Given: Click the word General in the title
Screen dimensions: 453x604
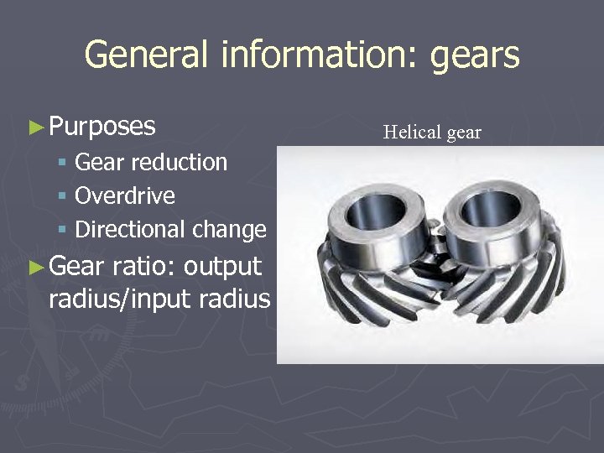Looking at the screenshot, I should (x=143, y=55).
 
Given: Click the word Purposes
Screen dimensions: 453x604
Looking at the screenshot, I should (x=102, y=127).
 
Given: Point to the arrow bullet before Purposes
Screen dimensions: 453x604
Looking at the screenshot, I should (x=34, y=128).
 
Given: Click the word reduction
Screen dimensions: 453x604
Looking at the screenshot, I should (x=184, y=162).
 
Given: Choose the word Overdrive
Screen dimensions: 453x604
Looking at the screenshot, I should (x=125, y=195).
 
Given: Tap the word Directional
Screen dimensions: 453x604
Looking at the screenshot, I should (x=131, y=229).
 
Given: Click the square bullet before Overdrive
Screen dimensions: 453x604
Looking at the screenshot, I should (x=63, y=196).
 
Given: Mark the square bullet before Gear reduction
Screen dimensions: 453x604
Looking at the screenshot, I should (x=63, y=163).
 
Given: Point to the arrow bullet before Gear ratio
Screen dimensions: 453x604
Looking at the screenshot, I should (x=34, y=268).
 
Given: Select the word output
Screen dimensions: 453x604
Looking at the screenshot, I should (x=222, y=267).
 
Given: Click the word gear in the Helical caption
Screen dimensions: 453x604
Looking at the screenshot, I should (x=462, y=133).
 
